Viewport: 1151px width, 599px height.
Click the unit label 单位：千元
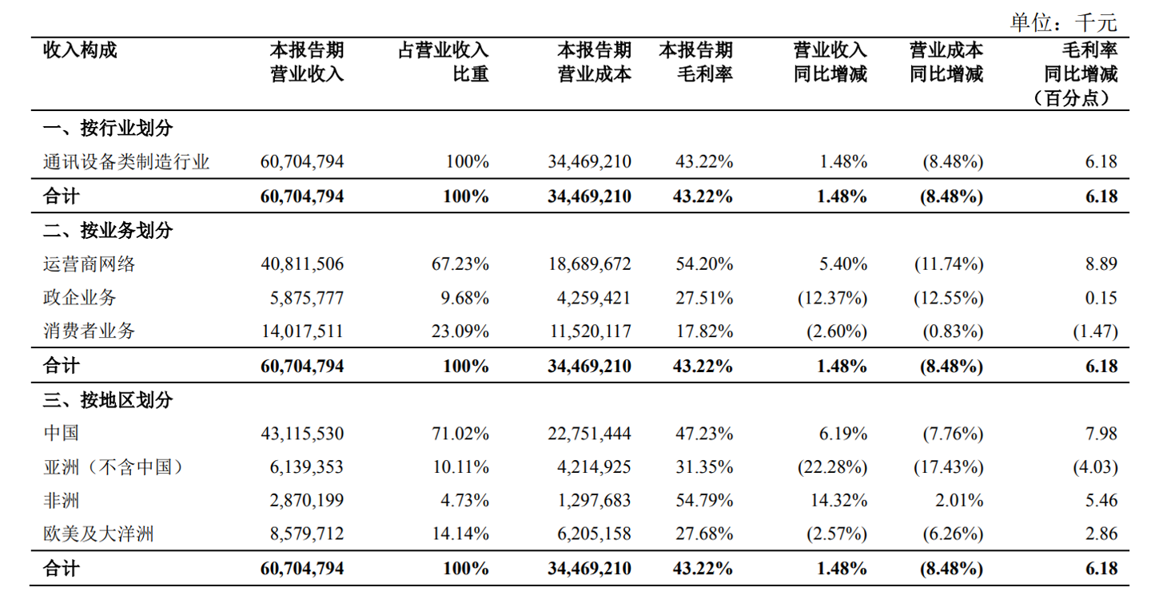pos(1063,22)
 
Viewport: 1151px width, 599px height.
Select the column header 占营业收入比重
pos(444,62)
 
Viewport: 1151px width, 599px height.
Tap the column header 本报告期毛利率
pos(695,62)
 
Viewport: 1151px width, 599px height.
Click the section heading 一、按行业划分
pos(107,128)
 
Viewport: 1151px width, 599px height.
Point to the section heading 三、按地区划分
pos(107,399)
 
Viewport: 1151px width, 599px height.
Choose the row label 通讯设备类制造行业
pos(126,162)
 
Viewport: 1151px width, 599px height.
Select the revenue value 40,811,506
pos(302,264)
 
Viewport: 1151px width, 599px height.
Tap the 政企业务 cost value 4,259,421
pos(590,298)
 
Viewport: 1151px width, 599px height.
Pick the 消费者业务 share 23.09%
pos(459,331)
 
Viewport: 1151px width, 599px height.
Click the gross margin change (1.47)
pos(1095,331)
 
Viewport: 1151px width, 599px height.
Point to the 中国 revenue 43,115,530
pos(302,434)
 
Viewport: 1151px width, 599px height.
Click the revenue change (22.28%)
pos(832,467)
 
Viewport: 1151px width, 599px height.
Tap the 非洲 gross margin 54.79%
pos(704,502)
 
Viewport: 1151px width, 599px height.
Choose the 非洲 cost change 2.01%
pos(958,502)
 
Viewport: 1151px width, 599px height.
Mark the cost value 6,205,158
pos(590,534)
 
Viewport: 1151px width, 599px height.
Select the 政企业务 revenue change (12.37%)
pos(832,298)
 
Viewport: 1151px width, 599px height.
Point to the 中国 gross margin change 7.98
pos(1101,434)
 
